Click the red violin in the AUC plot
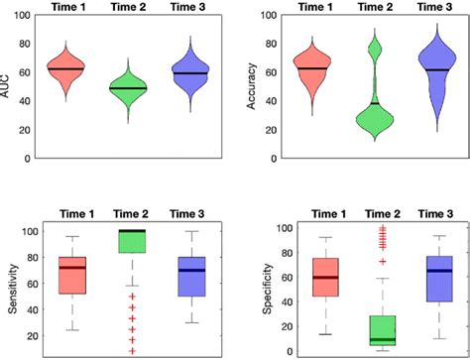(x=65, y=69)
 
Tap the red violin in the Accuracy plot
(x=314, y=69)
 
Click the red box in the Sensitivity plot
(x=71, y=275)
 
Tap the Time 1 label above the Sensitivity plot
(x=71, y=213)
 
